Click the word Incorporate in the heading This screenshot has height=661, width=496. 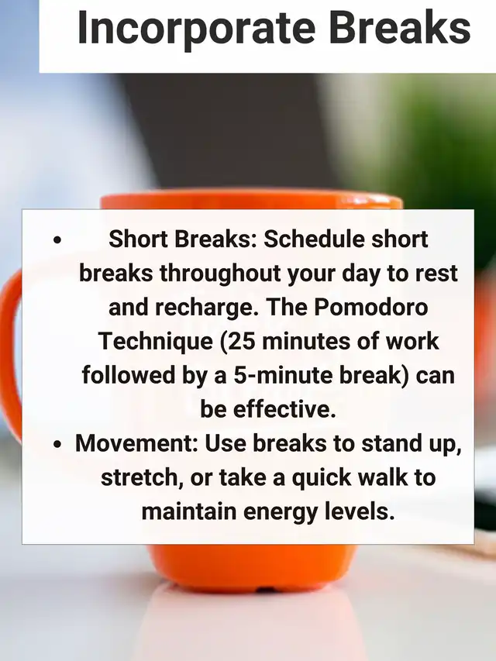tap(197, 28)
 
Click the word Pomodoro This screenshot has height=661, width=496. tap(370, 307)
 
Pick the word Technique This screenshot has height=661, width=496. tap(156, 342)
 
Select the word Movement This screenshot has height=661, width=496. tap(136, 443)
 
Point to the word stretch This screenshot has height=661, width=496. tap(142, 478)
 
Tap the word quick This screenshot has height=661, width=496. tap(322, 478)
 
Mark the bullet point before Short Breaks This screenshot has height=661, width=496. tap(57, 241)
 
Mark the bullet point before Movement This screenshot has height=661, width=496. tap(57, 444)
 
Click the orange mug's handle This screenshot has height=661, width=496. tap(9, 354)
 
